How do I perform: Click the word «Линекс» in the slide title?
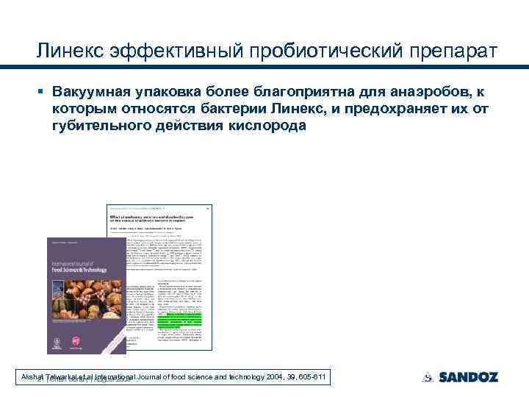(x=68, y=53)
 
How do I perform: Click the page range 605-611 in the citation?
(x=311, y=378)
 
